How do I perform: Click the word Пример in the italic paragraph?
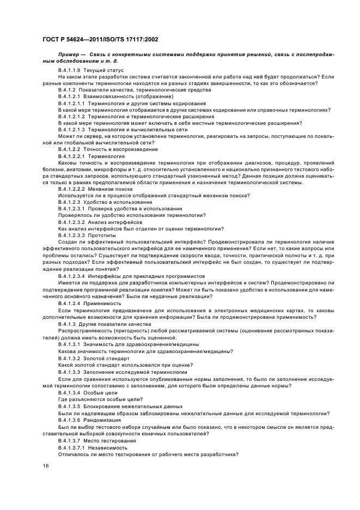70,55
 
